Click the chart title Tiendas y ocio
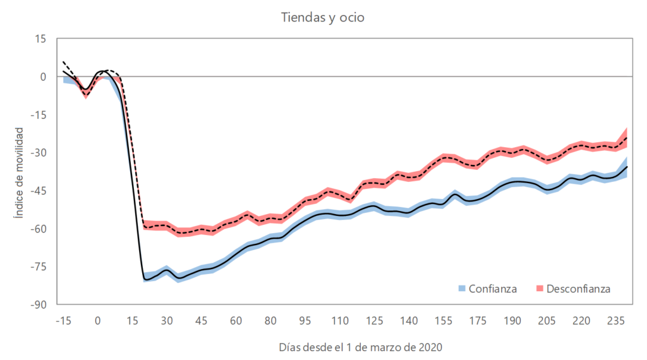[323, 18]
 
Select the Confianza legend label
[493, 289]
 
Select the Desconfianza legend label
[579, 289]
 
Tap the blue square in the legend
[463, 289]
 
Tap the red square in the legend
[540, 289]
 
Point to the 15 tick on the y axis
[41, 39]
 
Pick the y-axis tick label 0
[44, 77]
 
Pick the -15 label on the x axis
[63, 320]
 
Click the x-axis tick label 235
[616, 320]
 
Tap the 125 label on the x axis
[374, 320]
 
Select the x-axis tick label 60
[236, 320]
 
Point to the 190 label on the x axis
[512, 320]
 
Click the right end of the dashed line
[627, 137]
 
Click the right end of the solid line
[627, 167]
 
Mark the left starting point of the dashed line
[63, 62]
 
